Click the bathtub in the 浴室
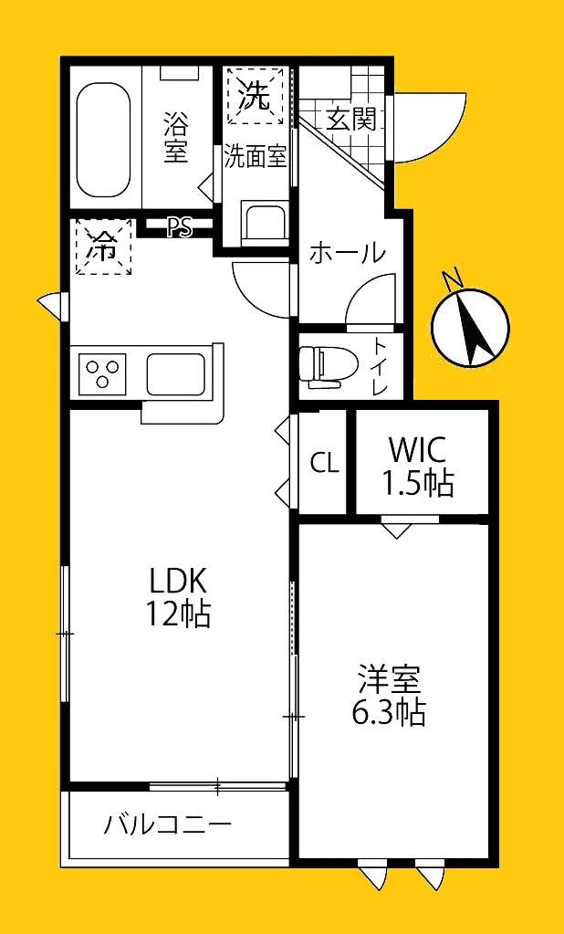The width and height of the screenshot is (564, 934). click(104, 141)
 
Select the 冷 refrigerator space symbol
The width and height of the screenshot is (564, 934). click(104, 247)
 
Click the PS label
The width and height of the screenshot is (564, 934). click(179, 227)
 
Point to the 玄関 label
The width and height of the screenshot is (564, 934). click(351, 121)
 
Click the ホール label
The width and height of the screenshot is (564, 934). click(347, 254)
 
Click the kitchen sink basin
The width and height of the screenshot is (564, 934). click(177, 374)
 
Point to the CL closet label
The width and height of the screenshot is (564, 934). click(325, 462)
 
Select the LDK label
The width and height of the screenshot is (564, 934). click(177, 581)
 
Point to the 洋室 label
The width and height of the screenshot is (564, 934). click(389, 679)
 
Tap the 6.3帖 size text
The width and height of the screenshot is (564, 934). click(389, 712)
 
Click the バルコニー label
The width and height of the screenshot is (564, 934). click(168, 825)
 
